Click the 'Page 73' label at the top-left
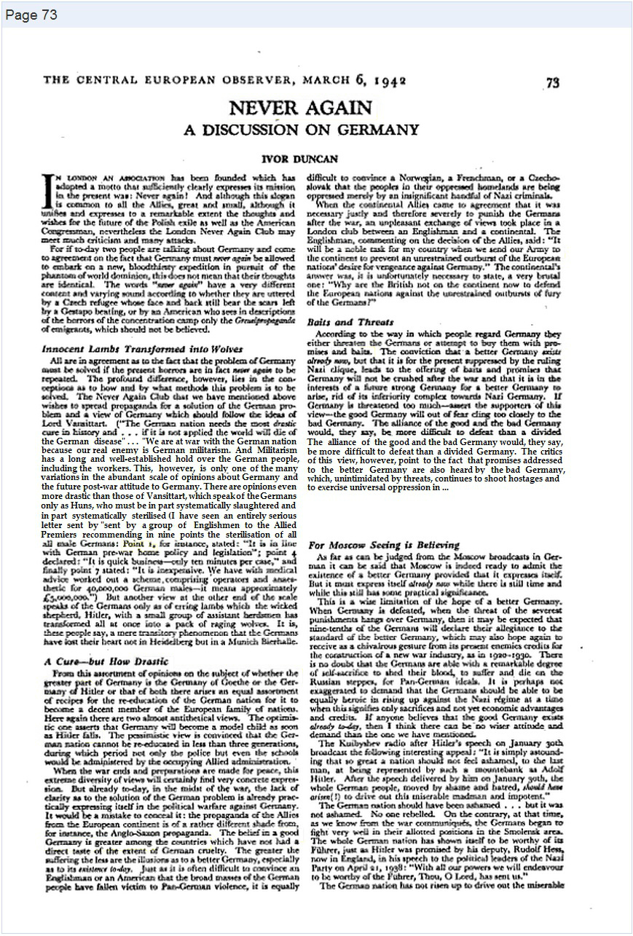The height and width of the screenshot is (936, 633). (x=30, y=15)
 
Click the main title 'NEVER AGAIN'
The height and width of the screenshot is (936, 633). (x=300, y=109)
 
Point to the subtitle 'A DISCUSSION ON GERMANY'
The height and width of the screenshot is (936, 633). (x=301, y=130)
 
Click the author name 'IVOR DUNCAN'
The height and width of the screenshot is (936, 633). (x=301, y=157)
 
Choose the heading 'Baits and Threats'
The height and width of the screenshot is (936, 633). (x=350, y=321)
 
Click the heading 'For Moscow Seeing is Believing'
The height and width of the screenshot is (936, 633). (x=384, y=545)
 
